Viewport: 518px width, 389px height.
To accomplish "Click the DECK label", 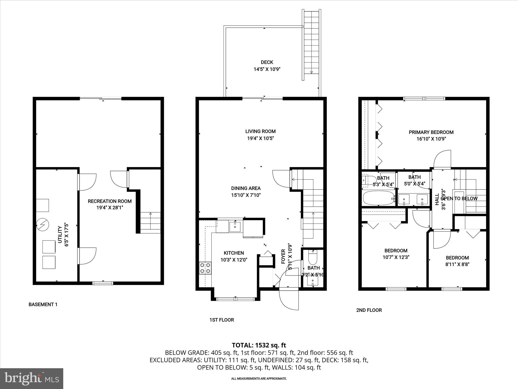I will pyautogui.click(x=267, y=62).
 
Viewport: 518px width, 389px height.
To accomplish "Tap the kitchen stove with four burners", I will pyautogui.click(x=205, y=268).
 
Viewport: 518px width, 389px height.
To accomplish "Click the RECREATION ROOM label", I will pyautogui.click(x=110, y=201).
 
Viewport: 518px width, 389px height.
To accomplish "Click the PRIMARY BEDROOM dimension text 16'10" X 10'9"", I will pyautogui.click(x=431, y=139).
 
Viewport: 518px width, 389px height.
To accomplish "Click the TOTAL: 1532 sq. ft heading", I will pyautogui.click(x=259, y=345).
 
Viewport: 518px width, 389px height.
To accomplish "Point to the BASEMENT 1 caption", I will pyautogui.click(x=43, y=304).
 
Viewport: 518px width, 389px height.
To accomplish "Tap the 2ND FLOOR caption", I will pyautogui.click(x=369, y=310).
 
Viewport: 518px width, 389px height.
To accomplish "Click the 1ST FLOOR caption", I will pyautogui.click(x=222, y=320).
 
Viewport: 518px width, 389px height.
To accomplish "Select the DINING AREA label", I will pyautogui.click(x=246, y=188).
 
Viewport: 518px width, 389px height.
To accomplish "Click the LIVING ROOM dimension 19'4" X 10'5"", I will pyautogui.click(x=260, y=139).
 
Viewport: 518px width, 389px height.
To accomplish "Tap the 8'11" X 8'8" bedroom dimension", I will pyautogui.click(x=457, y=265).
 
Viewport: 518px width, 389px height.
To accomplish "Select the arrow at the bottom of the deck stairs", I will pyautogui.click(x=311, y=72).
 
